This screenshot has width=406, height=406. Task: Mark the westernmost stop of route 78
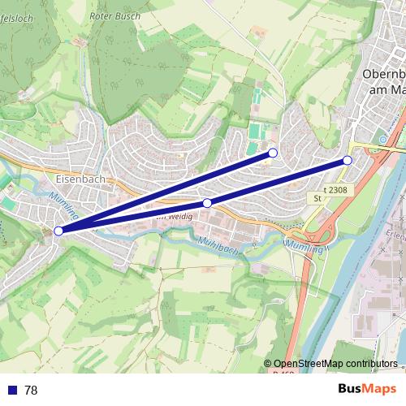58,231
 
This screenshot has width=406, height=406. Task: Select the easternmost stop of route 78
348,161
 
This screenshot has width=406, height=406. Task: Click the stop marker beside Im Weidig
207,203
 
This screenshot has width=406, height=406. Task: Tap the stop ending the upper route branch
273,153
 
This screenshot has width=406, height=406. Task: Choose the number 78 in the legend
31,391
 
